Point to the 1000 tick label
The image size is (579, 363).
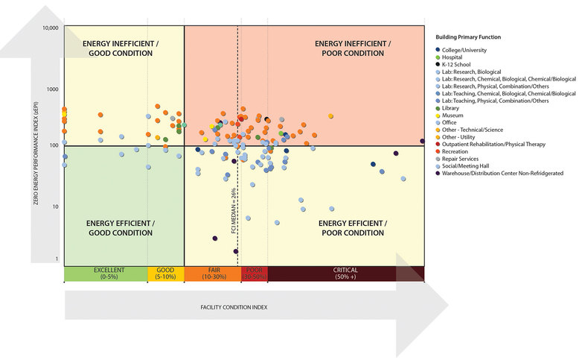[x=51, y=89]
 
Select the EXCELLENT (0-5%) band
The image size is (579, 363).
[x=106, y=274]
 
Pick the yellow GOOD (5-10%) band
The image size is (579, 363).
[x=165, y=274]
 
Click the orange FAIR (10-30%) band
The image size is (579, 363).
[x=212, y=274]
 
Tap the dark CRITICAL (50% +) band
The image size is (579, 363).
[x=345, y=274]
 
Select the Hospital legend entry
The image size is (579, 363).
[x=458, y=57]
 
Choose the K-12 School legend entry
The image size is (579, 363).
[x=461, y=65]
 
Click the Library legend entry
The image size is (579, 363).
[x=454, y=108]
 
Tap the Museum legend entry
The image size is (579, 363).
[x=455, y=116]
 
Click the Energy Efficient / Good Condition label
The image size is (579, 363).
[x=121, y=228]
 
